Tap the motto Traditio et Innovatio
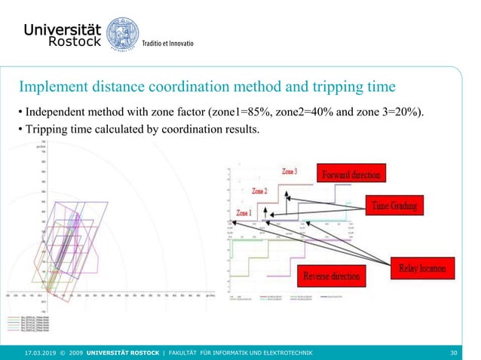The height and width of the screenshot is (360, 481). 169,44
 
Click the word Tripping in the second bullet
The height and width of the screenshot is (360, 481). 47,129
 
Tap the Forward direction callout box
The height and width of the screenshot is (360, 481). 353,175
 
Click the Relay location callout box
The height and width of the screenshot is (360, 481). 422,267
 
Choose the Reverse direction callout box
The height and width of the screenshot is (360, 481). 331,276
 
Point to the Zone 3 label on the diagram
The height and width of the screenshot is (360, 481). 290,172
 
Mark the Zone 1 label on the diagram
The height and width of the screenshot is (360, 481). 243,213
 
